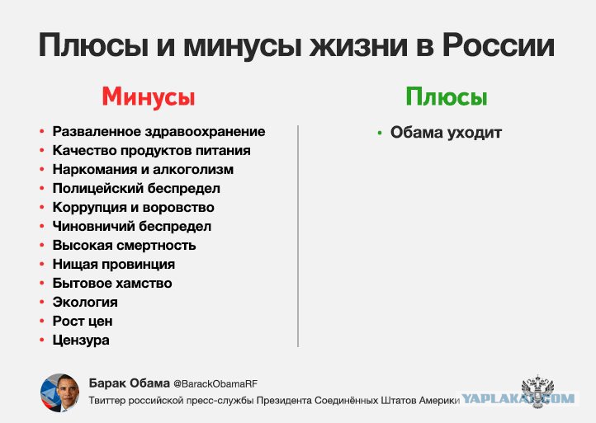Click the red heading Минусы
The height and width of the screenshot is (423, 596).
tap(149, 97)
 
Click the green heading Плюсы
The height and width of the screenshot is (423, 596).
tap(447, 96)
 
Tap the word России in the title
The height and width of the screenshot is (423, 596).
tap(499, 45)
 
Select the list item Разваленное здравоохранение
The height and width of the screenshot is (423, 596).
tap(158, 131)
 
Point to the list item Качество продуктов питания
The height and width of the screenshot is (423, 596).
tap(151, 150)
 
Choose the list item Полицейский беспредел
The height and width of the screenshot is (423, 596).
tap(136, 188)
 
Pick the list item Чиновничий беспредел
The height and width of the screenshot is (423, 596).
tap(131, 226)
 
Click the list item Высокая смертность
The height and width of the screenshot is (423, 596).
tap(124, 245)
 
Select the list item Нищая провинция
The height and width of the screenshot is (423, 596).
tap(114, 265)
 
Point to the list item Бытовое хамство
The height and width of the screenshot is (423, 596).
tap(112, 284)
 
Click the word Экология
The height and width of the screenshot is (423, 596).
tap(85, 303)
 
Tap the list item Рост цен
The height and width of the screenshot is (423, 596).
tap(83, 322)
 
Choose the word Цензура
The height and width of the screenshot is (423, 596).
tap(81, 341)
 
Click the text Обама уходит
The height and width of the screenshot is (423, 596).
tap(446, 133)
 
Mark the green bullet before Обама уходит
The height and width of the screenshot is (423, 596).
tap(380, 133)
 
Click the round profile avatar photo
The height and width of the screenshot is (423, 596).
tap(60, 392)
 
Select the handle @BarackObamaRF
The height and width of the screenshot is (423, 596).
tap(215, 384)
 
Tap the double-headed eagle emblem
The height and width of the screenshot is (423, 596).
tap(537, 391)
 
